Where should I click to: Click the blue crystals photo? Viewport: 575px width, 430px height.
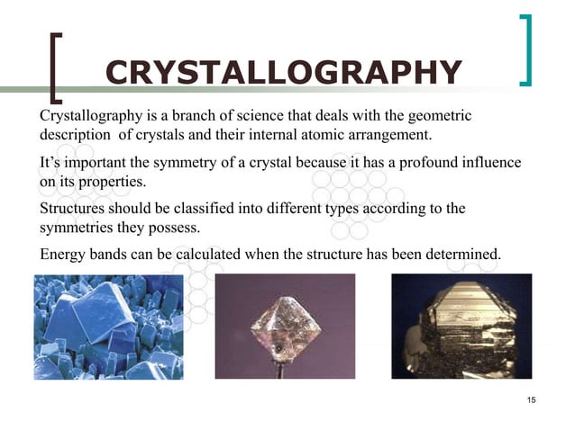pos(108,327)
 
